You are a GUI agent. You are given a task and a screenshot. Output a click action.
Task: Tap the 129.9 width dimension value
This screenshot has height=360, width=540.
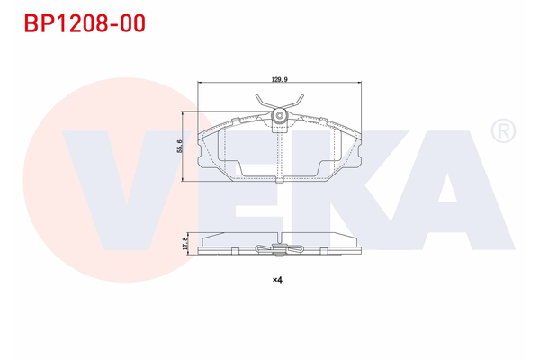pos(279,79)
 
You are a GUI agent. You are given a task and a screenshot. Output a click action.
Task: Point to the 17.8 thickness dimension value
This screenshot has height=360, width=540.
pos(183,243)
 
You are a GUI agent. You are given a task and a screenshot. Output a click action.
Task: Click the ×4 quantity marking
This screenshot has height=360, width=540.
pos(278,280)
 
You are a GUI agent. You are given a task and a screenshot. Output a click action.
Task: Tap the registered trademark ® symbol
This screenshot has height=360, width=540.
pos(502,132)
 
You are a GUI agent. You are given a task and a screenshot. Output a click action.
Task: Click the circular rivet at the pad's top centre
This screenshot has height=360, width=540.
pos(281,116)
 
